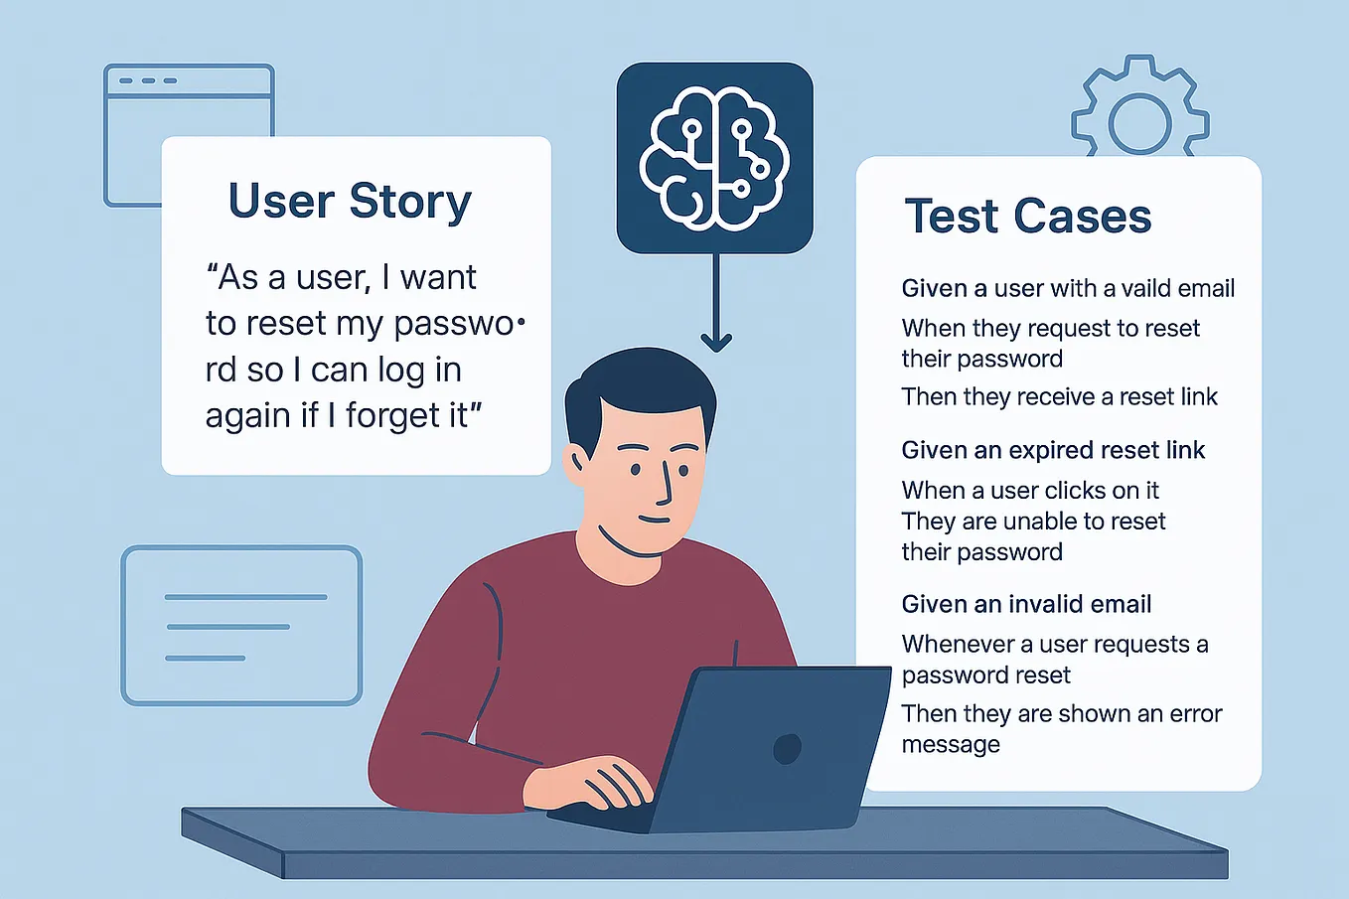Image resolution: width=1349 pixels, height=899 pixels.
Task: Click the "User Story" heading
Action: (x=350, y=202)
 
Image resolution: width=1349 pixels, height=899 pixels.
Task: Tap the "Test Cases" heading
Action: (x=1027, y=217)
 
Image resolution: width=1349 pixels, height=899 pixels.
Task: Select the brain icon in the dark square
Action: (x=714, y=157)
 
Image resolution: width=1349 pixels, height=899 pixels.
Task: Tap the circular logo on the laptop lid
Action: (x=787, y=748)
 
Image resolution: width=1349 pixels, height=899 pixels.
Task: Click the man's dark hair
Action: (x=636, y=387)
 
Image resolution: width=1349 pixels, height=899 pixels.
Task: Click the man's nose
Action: (x=663, y=485)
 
